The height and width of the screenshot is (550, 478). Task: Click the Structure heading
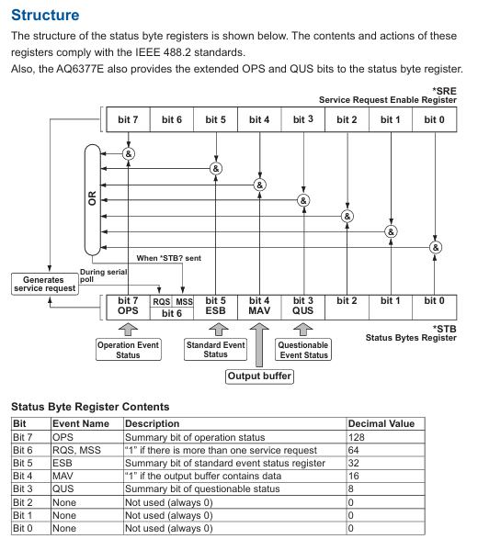[45, 15]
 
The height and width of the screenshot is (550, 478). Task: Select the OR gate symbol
[92, 199]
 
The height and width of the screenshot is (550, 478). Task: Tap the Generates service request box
[45, 284]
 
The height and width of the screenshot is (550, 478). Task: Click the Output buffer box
[259, 376]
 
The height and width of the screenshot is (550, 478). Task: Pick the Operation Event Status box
[128, 349]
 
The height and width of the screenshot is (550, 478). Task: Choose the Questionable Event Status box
[303, 349]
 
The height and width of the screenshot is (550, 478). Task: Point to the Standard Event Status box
[215, 349]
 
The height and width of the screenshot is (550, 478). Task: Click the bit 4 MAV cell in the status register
[259, 308]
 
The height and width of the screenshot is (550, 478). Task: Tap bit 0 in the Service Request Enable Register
[435, 119]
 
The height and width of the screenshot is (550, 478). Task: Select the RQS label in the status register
[161, 302]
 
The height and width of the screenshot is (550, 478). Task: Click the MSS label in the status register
[184, 302]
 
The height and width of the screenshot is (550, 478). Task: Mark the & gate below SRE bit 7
[129, 153]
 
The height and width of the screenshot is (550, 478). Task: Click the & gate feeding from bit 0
[436, 247]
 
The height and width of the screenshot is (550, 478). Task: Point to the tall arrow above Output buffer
[259, 345]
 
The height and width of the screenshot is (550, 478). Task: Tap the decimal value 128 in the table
[356, 437]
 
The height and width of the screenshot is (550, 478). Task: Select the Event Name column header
[80, 423]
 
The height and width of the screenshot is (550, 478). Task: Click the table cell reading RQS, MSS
[76, 450]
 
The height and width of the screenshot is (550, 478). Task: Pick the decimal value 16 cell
[353, 476]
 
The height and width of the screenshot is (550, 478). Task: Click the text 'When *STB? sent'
[168, 258]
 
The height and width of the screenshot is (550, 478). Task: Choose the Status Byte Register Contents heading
[90, 407]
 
